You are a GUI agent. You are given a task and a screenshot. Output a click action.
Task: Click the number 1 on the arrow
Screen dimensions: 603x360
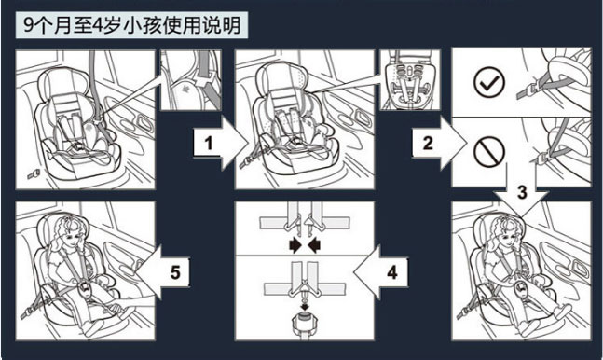pos(209,144)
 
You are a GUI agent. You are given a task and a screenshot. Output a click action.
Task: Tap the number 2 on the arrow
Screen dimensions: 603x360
pos(428,143)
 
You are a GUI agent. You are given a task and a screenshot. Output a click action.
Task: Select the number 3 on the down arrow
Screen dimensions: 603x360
pos(522,192)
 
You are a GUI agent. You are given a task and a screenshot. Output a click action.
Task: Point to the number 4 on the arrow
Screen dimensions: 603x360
pos(391,272)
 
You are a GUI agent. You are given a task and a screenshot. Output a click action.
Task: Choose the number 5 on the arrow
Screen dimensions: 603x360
pos(175,272)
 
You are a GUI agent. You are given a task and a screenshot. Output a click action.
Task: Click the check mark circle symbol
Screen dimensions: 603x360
pos(488,82)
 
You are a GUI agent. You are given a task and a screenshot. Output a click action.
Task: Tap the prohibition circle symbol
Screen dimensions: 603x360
pos(488,152)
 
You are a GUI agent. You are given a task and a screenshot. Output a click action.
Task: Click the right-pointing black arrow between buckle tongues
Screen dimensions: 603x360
pos(295,245)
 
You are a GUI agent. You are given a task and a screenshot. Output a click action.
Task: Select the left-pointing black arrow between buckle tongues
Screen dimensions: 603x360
pos(314,245)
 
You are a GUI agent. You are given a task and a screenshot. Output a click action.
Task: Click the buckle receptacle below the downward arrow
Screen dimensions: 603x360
pos(305,322)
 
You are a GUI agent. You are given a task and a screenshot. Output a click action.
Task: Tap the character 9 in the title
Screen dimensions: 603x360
pos(29,25)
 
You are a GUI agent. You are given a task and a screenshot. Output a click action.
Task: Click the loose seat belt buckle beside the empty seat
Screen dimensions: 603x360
pos(33,174)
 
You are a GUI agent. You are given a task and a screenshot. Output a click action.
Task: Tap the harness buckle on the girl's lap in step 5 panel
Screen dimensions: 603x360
pos(85,289)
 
